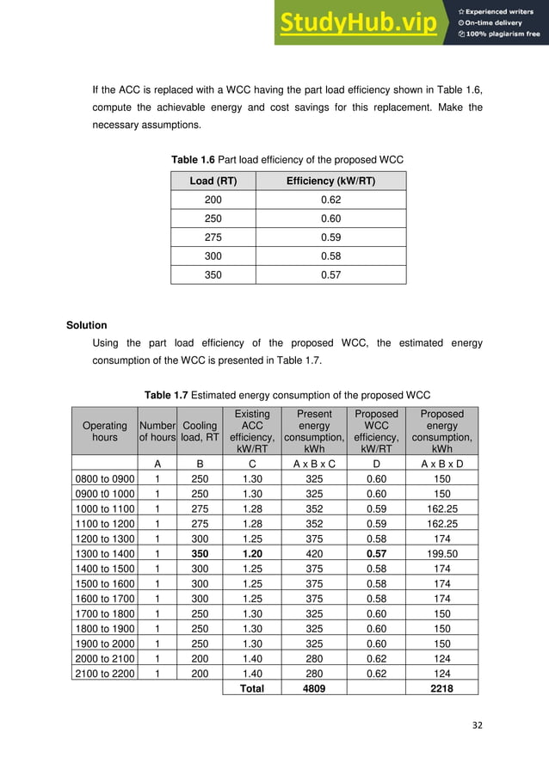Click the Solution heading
(87, 325)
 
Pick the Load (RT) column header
(213, 181)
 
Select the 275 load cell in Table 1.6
(213, 237)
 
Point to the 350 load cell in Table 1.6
(213, 275)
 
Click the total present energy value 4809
(313, 688)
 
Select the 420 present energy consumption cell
(313, 554)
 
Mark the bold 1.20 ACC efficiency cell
(251, 554)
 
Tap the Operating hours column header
(104, 431)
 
